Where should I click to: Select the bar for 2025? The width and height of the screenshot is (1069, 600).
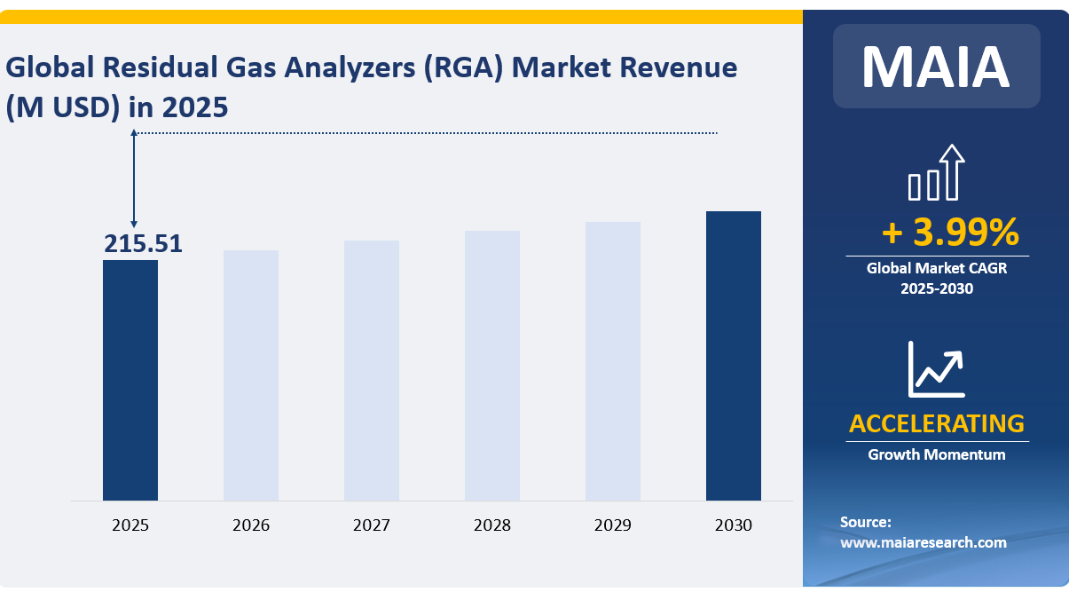(130, 380)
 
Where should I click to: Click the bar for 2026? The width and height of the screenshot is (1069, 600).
(251, 375)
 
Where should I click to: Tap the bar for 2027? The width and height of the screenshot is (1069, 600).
(372, 370)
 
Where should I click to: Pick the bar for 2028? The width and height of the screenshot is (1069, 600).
(492, 366)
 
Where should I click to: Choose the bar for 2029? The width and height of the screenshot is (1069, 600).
(613, 361)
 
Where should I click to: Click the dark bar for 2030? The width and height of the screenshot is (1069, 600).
(734, 356)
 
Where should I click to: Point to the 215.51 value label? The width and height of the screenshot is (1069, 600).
(143, 244)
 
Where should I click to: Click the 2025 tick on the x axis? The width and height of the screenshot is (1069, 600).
(130, 525)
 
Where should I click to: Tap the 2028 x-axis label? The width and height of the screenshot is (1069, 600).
(492, 525)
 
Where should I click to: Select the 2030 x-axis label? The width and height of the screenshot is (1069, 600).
(734, 525)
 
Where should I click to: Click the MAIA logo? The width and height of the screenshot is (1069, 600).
(936, 67)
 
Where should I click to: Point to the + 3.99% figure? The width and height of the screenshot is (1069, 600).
(950, 233)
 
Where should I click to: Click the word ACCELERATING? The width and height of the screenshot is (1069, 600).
(936, 423)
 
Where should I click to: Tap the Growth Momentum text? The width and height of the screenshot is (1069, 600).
(936, 454)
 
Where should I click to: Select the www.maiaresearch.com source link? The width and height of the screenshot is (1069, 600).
(924, 542)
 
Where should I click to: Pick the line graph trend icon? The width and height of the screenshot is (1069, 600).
(936, 369)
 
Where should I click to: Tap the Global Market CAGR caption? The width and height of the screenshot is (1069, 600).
(937, 267)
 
